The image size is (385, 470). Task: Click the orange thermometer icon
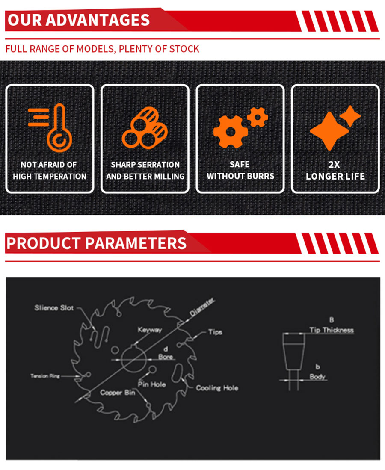pos(59,129)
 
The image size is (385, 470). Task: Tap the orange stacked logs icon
pos(145,128)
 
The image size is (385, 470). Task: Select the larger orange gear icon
pos(230,132)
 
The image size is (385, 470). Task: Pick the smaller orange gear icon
pos(257,117)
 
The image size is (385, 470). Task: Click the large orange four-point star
pos(329,131)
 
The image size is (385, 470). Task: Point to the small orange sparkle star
pos(350,116)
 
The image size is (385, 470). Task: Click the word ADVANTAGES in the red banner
pos(98,20)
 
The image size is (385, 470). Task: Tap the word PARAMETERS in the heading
pos(136,243)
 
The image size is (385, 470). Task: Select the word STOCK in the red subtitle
pos(184,49)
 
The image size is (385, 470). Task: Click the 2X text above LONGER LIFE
pos(334,165)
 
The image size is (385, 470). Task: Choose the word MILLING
pos(169,177)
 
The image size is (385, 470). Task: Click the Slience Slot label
pos(54,308)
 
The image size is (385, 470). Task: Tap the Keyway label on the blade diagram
pos(150,330)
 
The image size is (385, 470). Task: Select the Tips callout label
pos(215,332)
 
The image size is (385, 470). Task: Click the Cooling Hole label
pos(217,388)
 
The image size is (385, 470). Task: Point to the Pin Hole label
pos(152,384)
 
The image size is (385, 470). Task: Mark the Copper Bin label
pos(118,393)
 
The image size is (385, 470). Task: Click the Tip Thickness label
pos(332,330)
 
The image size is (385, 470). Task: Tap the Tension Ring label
pos(45,376)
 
